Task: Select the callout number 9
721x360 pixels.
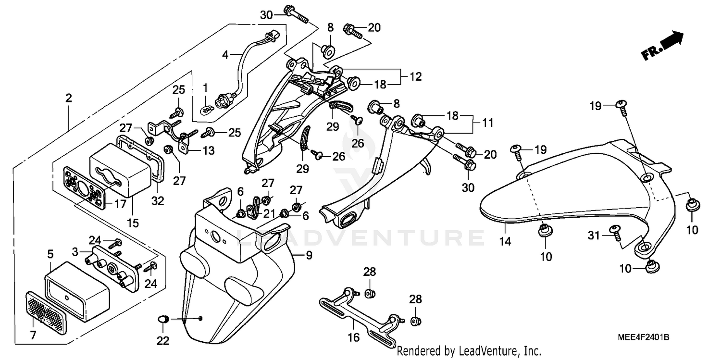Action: point(309,255)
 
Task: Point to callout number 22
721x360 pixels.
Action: point(163,341)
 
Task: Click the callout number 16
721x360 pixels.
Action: point(353,338)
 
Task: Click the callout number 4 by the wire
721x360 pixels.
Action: point(225,55)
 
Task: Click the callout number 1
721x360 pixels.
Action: point(205,87)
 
